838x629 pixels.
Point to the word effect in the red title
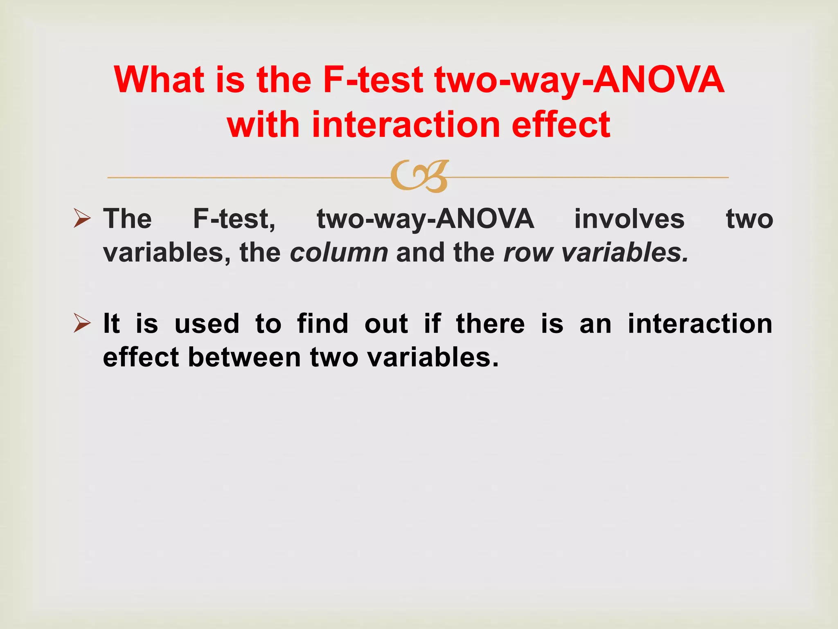(561, 124)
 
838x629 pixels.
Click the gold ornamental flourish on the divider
(420, 176)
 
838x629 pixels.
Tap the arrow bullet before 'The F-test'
(82, 218)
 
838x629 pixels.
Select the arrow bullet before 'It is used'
(82, 323)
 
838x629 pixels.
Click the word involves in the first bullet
(629, 219)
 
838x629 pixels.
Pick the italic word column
(339, 252)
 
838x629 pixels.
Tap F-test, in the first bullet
(234, 219)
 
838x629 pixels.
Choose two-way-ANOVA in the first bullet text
(426, 219)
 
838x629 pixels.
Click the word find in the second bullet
(322, 324)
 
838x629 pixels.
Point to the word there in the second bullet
(490, 324)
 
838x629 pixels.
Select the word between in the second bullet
(244, 357)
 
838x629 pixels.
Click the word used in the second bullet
(207, 324)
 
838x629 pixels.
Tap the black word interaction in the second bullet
(700, 324)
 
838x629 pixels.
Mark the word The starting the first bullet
(127, 219)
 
